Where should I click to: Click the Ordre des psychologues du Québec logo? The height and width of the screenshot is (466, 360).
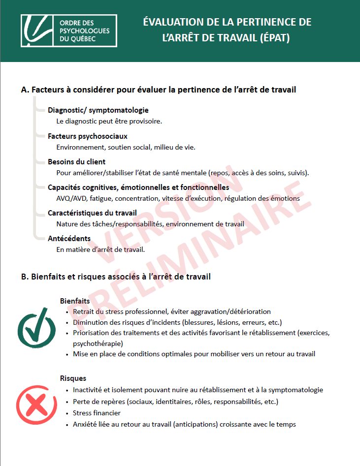point(68,31)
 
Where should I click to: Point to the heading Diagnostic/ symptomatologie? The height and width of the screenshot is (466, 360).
point(98,110)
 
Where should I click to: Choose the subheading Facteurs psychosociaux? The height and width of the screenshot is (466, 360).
point(88,136)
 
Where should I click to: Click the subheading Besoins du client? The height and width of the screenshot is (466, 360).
point(76,161)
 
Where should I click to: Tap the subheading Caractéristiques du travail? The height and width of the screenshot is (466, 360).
point(92,213)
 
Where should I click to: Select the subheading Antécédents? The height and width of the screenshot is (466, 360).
point(69,239)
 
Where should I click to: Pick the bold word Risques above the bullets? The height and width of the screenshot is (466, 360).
point(73,378)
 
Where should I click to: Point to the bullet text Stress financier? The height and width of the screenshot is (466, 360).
point(97,413)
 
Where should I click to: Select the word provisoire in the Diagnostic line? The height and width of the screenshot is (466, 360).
point(146,121)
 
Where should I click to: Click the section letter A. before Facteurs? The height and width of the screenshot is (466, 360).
point(25,90)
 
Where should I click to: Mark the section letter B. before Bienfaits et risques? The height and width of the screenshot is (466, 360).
point(25,277)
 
